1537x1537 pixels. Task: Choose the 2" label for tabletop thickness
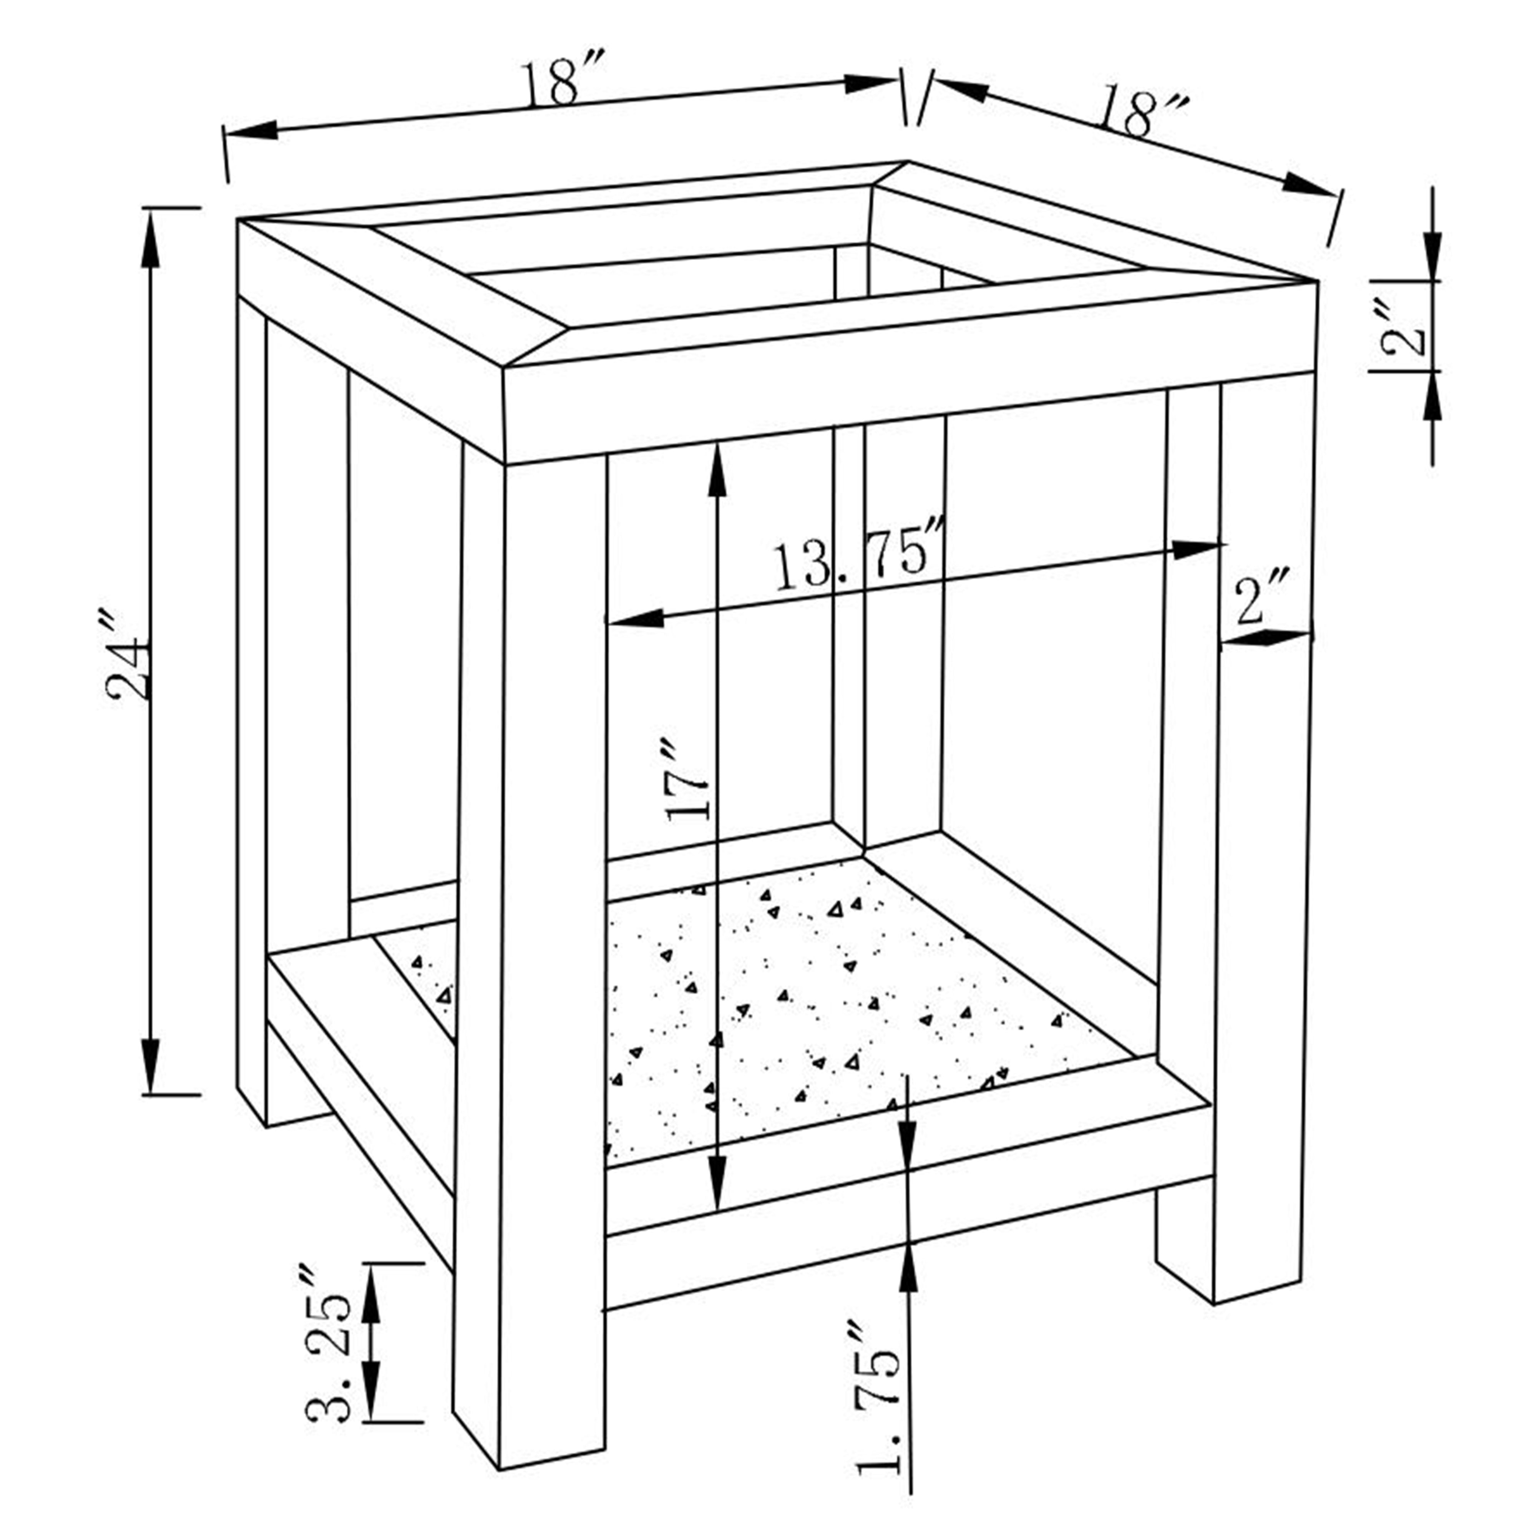pyautogui.click(x=1403, y=328)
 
